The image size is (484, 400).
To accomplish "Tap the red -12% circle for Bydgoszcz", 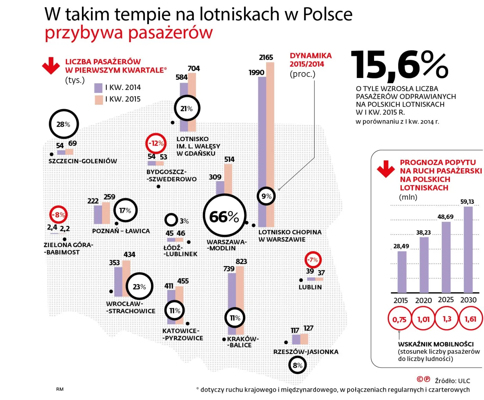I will click(156, 143).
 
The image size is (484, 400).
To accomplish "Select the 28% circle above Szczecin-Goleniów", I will click(64, 124).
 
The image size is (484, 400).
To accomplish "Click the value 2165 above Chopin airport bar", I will click(266, 57).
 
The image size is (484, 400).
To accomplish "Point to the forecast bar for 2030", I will click(468, 250).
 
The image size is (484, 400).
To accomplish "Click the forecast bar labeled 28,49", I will click(402, 272).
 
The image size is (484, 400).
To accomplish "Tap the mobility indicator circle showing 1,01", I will click(423, 319).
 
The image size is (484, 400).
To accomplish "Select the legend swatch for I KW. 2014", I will click(99, 88).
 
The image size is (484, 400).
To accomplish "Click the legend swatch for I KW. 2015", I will click(99, 100).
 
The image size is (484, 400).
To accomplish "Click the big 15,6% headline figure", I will click(400, 65).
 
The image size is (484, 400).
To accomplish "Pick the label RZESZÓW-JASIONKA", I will click(306, 352).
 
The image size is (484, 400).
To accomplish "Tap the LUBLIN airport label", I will click(310, 287).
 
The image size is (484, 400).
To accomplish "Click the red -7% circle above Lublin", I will click(313, 260).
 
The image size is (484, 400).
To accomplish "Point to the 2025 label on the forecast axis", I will click(446, 300).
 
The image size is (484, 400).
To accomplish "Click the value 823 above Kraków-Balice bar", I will click(241, 262).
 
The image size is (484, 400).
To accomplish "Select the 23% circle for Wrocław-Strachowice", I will click(139, 286).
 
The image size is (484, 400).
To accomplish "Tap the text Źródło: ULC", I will click(452, 381).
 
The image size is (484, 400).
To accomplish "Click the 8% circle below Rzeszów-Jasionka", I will click(297, 365).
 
